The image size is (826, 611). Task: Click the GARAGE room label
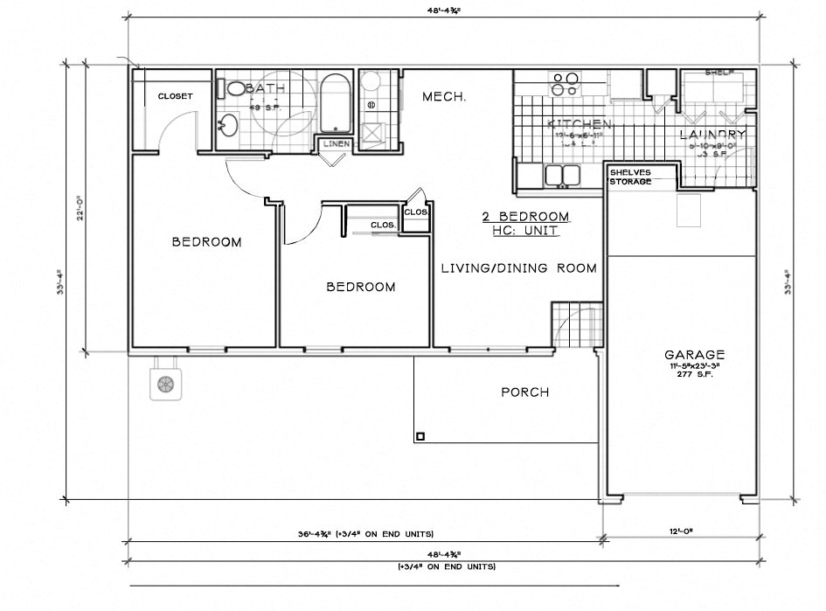[694, 355]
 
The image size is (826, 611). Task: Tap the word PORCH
[524, 392]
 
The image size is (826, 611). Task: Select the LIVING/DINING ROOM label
[518, 268]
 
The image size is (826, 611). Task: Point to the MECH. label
[444, 97]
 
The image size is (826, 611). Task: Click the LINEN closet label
[336, 144]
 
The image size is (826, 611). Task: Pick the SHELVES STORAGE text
[630, 177]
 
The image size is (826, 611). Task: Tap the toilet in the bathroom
[236, 88]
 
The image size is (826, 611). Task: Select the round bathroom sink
[228, 125]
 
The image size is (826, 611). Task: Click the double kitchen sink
[562, 176]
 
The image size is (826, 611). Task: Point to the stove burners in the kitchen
[564, 84]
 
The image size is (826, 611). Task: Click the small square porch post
[420, 436]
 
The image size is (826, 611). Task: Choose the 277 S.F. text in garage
[694, 374]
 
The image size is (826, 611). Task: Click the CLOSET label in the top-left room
[175, 96]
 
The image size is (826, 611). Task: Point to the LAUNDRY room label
[712, 135]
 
